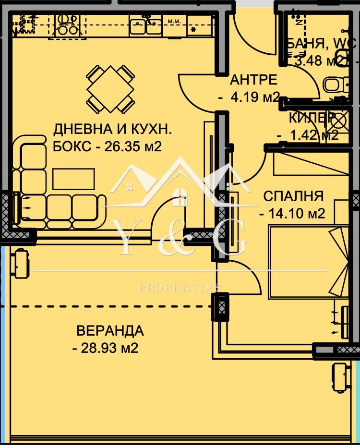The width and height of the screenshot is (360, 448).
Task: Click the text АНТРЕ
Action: [253, 80]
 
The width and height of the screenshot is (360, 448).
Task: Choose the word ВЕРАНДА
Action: [110, 330]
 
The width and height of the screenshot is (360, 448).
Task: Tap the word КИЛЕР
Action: [311, 118]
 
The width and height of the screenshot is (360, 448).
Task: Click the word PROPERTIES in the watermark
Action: [180, 288]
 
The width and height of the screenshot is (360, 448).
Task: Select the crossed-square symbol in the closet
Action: [339, 119]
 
